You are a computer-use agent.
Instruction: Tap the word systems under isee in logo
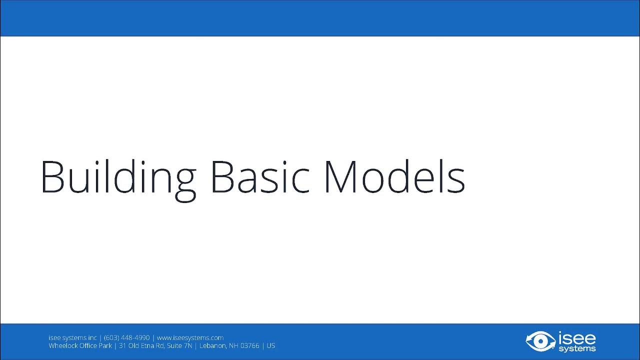point(577,348)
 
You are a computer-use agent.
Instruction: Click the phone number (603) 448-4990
point(126,338)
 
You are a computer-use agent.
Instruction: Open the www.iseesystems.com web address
point(190,338)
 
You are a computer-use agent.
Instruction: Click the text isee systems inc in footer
point(72,338)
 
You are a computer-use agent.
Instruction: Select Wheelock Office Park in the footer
point(80,345)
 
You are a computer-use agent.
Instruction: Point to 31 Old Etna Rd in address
point(139,345)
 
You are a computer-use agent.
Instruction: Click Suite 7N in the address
point(177,345)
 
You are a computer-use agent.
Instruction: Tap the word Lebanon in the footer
point(213,345)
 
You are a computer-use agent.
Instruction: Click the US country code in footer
point(270,345)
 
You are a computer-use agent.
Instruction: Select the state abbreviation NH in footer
point(233,345)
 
